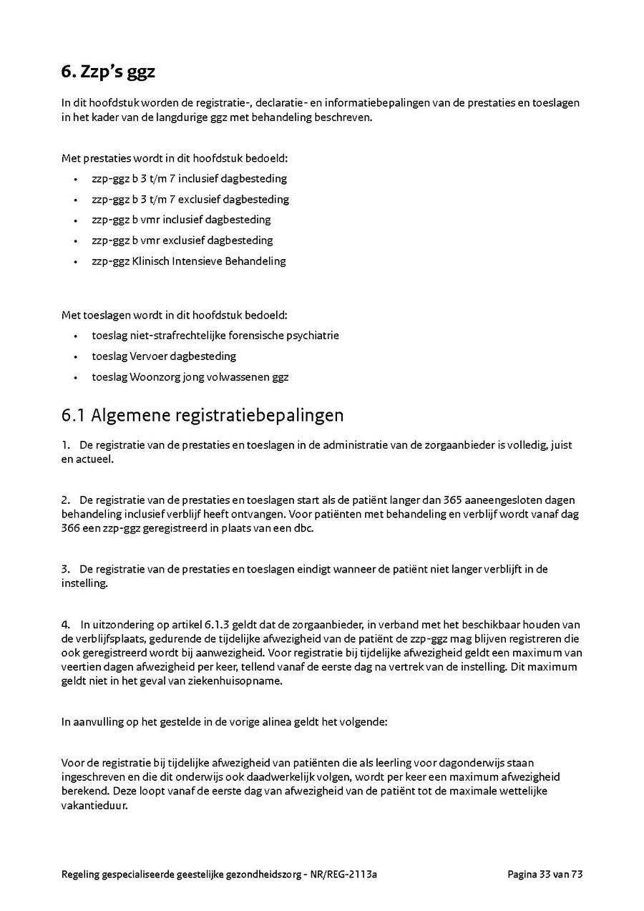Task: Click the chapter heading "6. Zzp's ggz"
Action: click(x=108, y=72)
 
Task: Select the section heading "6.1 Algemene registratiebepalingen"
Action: click(x=203, y=415)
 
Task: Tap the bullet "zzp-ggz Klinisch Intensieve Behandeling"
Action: click(x=188, y=261)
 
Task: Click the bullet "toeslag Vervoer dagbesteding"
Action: click(x=163, y=356)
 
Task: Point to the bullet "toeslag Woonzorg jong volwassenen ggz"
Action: click(x=190, y=376)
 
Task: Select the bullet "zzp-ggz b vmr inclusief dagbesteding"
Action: click(x=181, y=220)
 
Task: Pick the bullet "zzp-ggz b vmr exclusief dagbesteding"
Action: click(x=182, y=240)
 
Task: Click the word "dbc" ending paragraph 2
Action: click(x=303, y=528)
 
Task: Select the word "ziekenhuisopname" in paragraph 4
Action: click(x=240, y=681)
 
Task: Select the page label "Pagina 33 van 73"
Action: click(x=545, y=874)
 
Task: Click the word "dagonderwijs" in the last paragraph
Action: click(x=454, y=763)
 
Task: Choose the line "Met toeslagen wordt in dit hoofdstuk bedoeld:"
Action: click(x=175, y=314)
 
